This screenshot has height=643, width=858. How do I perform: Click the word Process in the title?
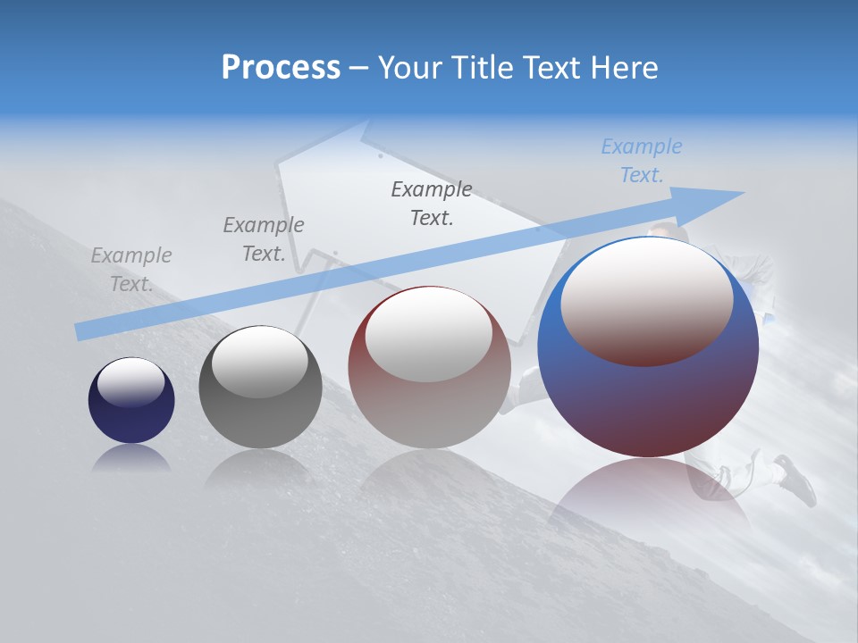coord(281,67)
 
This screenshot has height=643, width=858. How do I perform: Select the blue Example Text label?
coord(641,161)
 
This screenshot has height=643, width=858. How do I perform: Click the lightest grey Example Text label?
coord(131,270)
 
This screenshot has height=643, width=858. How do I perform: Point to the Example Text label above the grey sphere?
coord(263,239)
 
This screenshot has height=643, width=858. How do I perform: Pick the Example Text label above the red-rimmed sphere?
coord(432,204)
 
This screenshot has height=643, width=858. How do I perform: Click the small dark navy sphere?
coord(131,415)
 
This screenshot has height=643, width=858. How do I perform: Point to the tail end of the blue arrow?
coord(80,332)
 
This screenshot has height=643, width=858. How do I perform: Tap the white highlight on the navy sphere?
coord(130,382)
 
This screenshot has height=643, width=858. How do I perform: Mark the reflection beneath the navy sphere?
coord(130,459)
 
